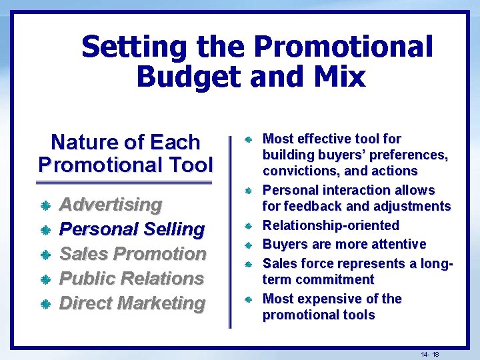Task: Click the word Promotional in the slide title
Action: click(343, 47)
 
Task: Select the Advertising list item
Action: click(111, 205)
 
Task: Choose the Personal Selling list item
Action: click(132, 229)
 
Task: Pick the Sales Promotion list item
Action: click(133, 254)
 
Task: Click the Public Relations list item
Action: click(131, 279)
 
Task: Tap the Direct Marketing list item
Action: click(132, 303)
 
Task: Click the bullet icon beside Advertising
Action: click(46, 205)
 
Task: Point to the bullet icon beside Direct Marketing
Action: click(46, 304)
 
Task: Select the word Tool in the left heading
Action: click(191, 164)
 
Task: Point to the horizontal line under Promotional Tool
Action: click(124, 183)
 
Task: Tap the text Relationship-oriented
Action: click(331, 225)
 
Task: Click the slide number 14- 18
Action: click(430, 353)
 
